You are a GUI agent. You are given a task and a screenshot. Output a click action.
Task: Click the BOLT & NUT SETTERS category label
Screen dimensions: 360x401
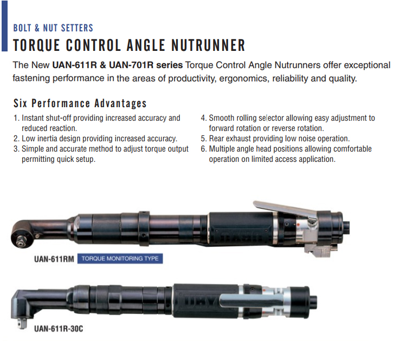[x=53, y=28]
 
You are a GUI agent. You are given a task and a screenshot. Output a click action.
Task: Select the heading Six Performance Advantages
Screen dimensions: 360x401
[x=80, y=103]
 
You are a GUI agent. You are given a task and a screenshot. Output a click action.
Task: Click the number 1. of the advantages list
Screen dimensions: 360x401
[x=16, y=118]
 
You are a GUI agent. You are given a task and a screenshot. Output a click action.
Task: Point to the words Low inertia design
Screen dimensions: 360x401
[x=54, y=139]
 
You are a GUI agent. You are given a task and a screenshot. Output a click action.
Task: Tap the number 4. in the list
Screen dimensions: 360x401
[x=204, y=118]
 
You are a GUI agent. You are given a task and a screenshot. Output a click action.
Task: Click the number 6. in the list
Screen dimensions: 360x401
[x=204, y=149]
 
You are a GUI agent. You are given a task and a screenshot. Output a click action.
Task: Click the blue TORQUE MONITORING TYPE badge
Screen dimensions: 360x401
[x=120, y=259]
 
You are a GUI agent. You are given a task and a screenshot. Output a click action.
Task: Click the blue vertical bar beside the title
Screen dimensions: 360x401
[x=4, y=37]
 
